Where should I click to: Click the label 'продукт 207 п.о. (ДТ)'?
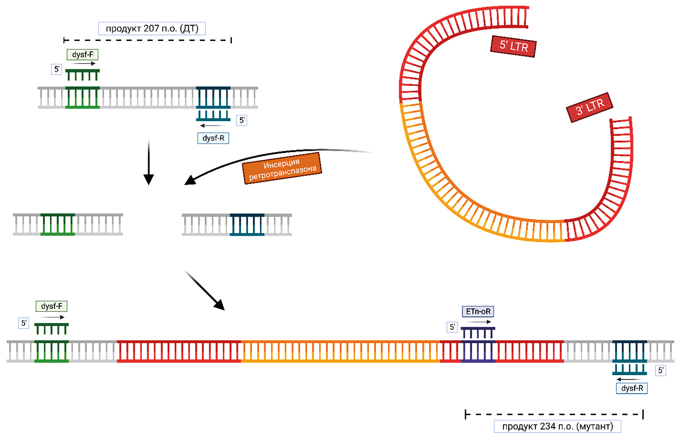click(x=152, y=29)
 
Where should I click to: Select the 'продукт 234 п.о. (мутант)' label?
click(x=557, y=426)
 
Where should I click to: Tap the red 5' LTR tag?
click(x=513, y=46)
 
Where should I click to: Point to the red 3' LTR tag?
click(x=589, y=107)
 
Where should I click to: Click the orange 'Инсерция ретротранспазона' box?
click(x=282, y=168)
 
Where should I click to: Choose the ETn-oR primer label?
click(x=478, y=311)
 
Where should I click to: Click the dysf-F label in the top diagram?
click(x=82, y=54)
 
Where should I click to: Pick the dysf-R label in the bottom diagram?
click(x=631, y=388)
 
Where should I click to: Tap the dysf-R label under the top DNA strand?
click(x=213, y=138)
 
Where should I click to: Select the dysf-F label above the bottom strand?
click(x=51, y=306)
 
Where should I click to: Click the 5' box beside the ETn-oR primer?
click(x=452, y=327)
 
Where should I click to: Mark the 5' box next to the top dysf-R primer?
click(x=242, y=120)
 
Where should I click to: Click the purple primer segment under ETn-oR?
click(x=478, y=351)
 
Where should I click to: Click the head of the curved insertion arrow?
click(x=190, y=180)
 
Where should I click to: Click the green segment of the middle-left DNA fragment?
click(x=58, y=224)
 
